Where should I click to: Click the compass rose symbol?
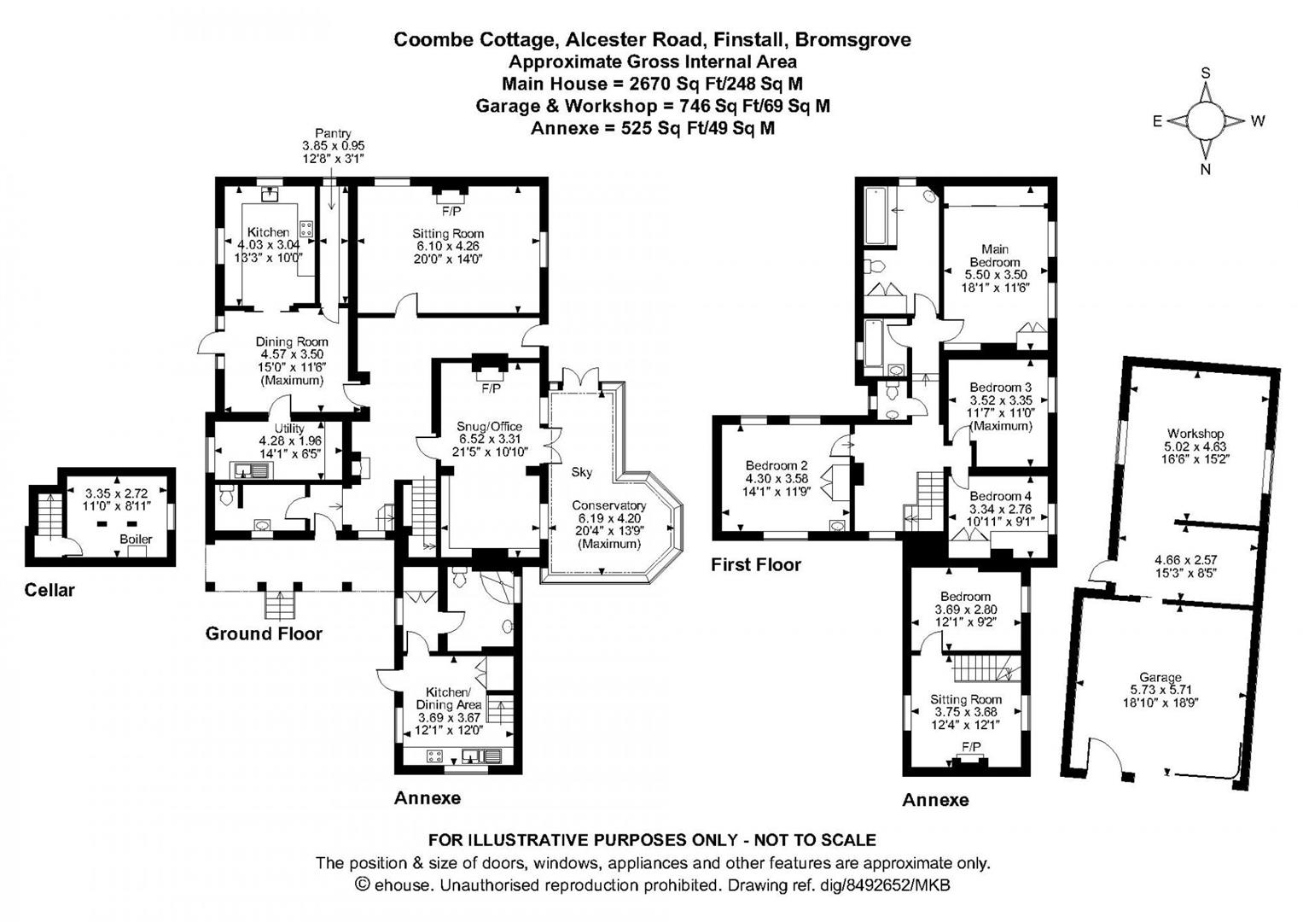pos(1207,120)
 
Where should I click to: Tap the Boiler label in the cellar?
pos(136,539)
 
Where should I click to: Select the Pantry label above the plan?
pos(333,134)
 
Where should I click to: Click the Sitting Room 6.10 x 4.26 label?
pos(448,245)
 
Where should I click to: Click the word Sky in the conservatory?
pos(582,472)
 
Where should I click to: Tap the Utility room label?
pos(290,429)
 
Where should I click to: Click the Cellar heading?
pos(49,590)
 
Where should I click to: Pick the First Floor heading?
pos(756,564)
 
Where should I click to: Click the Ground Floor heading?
pos(264,633)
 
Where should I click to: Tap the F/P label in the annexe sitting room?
pos(971,747)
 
